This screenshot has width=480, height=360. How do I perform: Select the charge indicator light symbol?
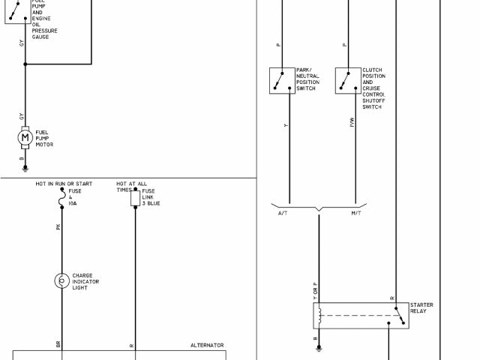[61, 280]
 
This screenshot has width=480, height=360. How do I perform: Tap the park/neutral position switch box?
[282, 80]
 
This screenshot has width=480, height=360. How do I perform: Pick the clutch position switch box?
[348, 80]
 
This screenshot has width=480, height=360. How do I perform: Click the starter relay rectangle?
[360, 316]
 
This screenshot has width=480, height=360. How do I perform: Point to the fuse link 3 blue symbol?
[135, 198]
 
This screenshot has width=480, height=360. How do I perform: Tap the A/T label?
[282, 214]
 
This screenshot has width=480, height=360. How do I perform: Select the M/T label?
[355, 214]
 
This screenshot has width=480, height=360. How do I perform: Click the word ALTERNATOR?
[207, 345]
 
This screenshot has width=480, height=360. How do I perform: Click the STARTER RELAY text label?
[421, 307]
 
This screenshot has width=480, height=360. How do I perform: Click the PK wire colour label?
[58, 226]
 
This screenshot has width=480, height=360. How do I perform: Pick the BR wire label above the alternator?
[58, 344]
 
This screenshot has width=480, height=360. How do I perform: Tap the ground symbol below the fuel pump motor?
[25, 169]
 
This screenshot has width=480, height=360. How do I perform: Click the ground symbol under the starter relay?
[318, 347]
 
